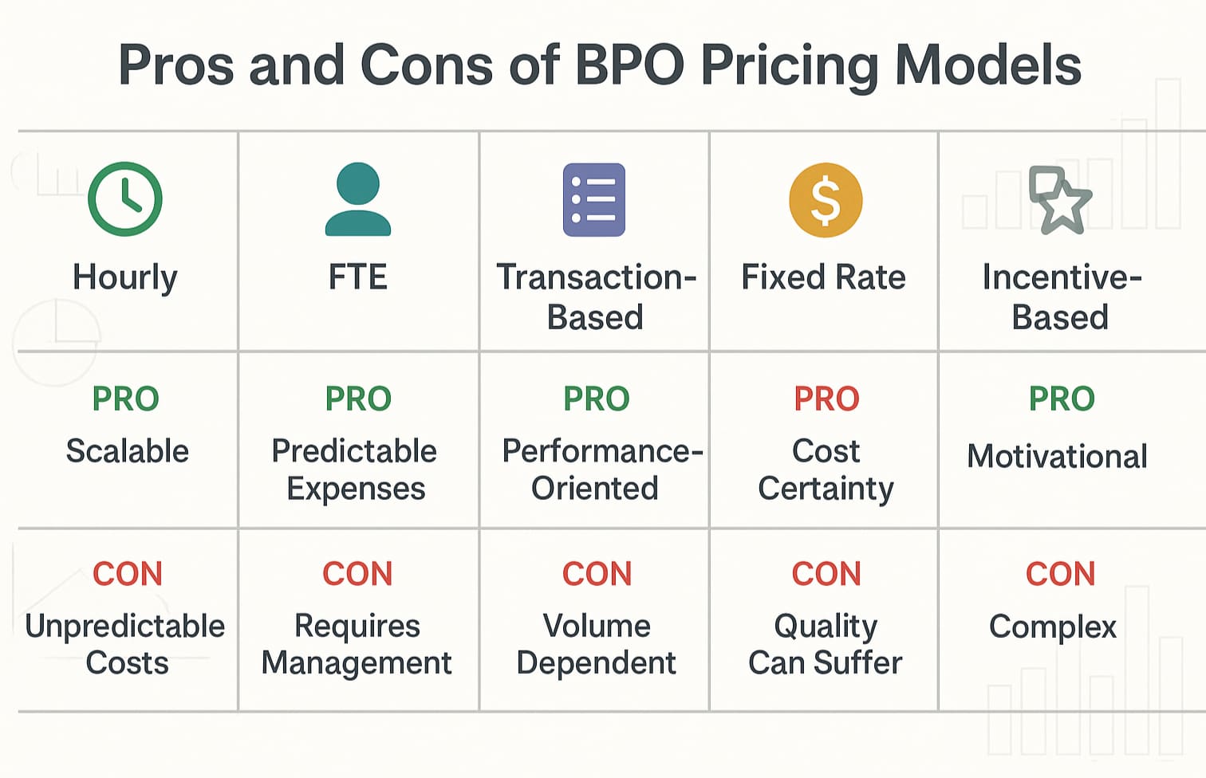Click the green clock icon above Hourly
point(125,199)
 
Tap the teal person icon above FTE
point(358,199)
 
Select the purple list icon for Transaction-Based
point(594,200)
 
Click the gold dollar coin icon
point(826,200)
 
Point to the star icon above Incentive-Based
point(1061,201)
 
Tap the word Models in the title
point(987,65)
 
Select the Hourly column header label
point(125,277)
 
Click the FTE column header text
point(358,277)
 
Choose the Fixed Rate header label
point(824,277)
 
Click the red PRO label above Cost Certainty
point(826,399)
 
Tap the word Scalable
point(128,451)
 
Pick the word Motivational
point(1057,456)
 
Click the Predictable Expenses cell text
point(355,470)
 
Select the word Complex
point(1053,627)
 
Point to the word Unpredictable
point(125,627)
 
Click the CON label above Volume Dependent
point(597,574)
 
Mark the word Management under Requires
point(357,663)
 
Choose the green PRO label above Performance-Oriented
point(597,399)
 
